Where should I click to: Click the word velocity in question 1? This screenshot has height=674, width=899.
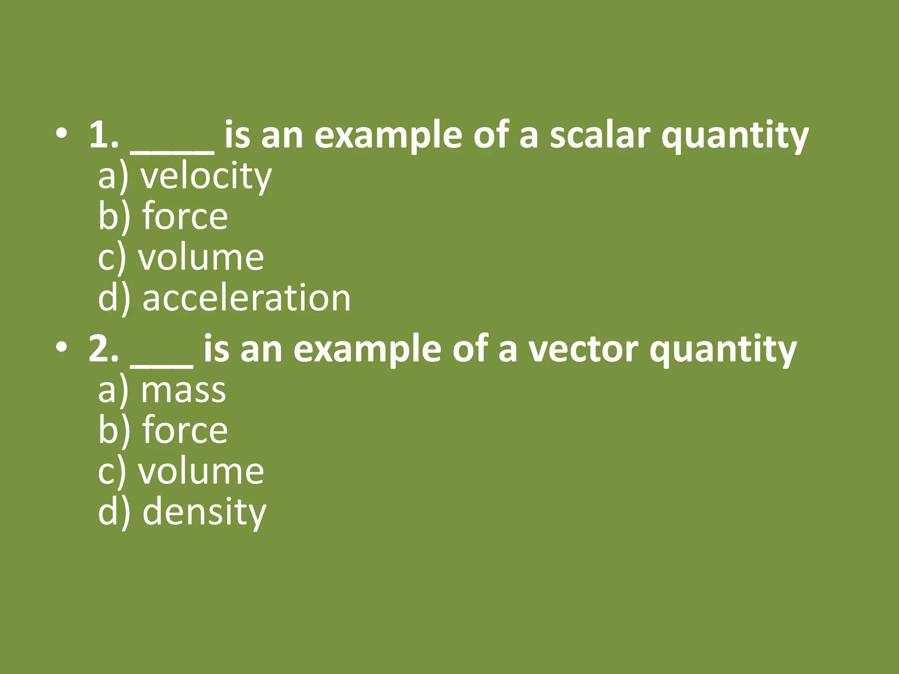click(x=206, y=176)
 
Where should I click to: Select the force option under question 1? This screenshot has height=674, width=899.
click(x=185, y=216)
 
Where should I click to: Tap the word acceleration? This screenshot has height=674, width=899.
click(x=246, y=298)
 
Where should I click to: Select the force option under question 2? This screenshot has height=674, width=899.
click(x=185, y=430)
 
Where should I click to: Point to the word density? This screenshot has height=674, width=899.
click(x=204, y=512)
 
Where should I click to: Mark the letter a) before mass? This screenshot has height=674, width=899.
click(x=113, y=390)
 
